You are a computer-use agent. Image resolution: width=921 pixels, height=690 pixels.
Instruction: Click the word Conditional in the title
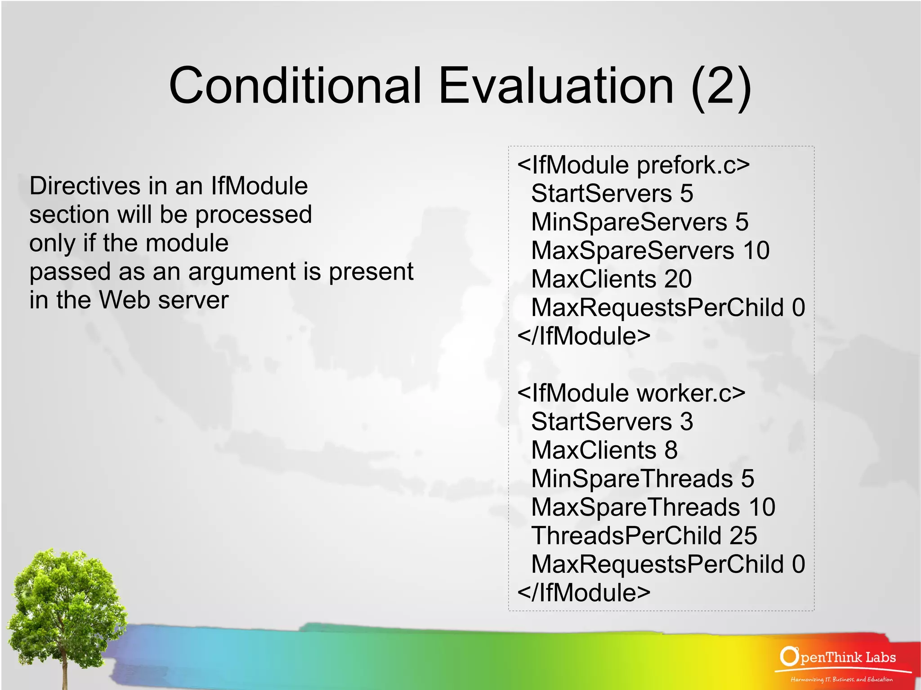click(x=295, y=85)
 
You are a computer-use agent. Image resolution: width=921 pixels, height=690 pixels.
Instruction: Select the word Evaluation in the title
click(x=556, y=85)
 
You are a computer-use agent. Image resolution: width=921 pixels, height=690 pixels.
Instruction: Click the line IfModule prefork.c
click(x=633, y=165)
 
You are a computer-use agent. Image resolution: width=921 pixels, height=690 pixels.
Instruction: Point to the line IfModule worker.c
click(x=631, y=393)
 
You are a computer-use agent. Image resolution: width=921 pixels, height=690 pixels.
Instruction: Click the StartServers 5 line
click(x=612, y=194)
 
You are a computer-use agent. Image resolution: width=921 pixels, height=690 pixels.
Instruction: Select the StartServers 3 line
click(x=612, y=422)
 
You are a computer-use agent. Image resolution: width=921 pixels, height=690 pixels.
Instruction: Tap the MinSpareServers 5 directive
click(x=639, y=222)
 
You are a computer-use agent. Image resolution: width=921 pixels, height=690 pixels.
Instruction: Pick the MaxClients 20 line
click(x=611, y=279)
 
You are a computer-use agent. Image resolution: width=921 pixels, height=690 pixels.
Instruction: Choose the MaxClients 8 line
click(x=604, y=450)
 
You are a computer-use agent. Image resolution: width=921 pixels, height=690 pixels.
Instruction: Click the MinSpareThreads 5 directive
click(x=642, y=479)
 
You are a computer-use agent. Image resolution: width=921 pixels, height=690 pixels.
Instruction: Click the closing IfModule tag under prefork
click(x=584, y=336)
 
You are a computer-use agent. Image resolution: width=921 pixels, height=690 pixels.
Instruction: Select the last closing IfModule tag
click(x=584, y=592)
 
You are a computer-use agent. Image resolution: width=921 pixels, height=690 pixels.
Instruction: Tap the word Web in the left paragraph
click(x=125, y=300)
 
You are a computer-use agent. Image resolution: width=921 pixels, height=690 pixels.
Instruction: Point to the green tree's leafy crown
click(x=65, y=593)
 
